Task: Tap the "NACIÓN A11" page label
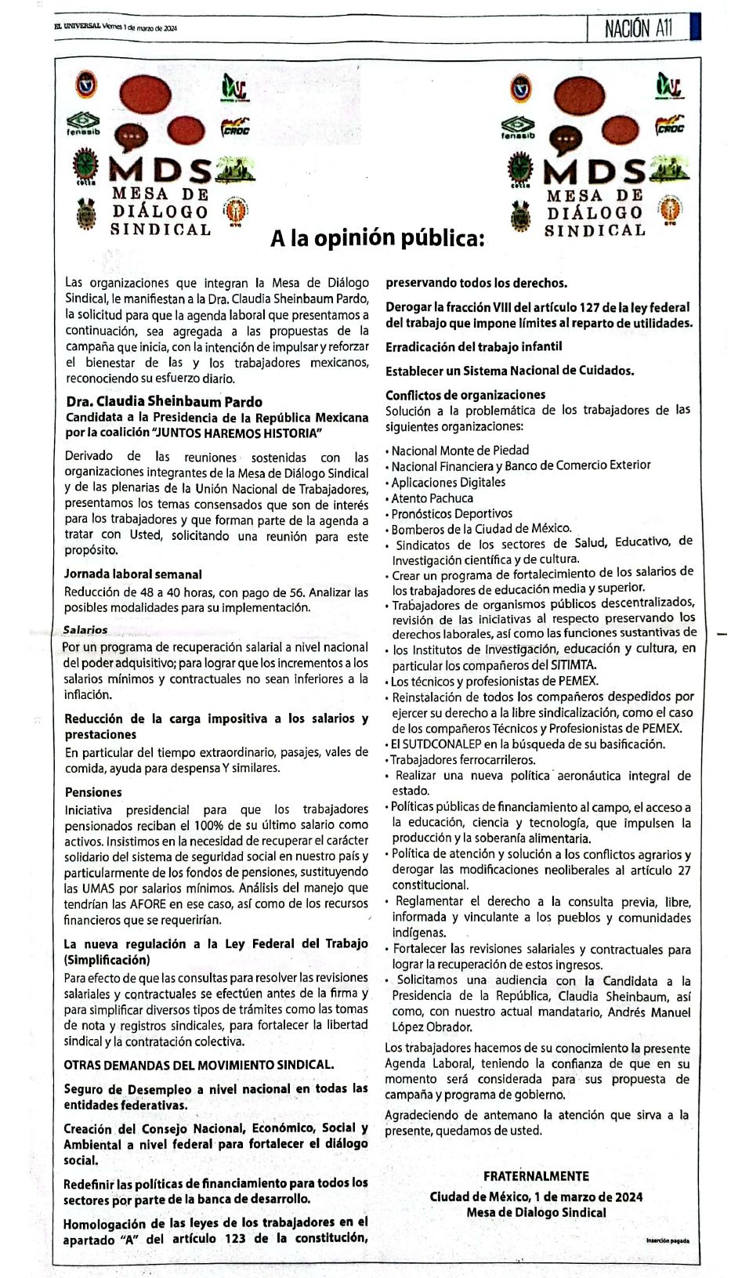click(638, 29)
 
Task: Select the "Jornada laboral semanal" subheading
click(133, 574)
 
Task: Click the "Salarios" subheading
click(85, 630)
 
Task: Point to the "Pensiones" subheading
click(93, 792)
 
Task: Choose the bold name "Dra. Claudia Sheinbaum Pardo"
click(165, 402)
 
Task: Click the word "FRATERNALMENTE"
click(536, 1176)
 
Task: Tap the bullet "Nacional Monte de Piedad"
click(460, 451)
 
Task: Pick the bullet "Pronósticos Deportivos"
click(452, 514)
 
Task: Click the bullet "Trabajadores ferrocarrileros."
click(463, 759)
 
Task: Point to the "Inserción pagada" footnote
click(668, 1241)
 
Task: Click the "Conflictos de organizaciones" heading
click(465, 395)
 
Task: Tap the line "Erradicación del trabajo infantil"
click(473, 346)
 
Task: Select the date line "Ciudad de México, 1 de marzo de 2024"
click(536, 1197)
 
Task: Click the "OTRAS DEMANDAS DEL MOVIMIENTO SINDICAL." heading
click(199, 1065)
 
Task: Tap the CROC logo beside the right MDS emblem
click(670, 126)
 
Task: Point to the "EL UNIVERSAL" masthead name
click(76, 27)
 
